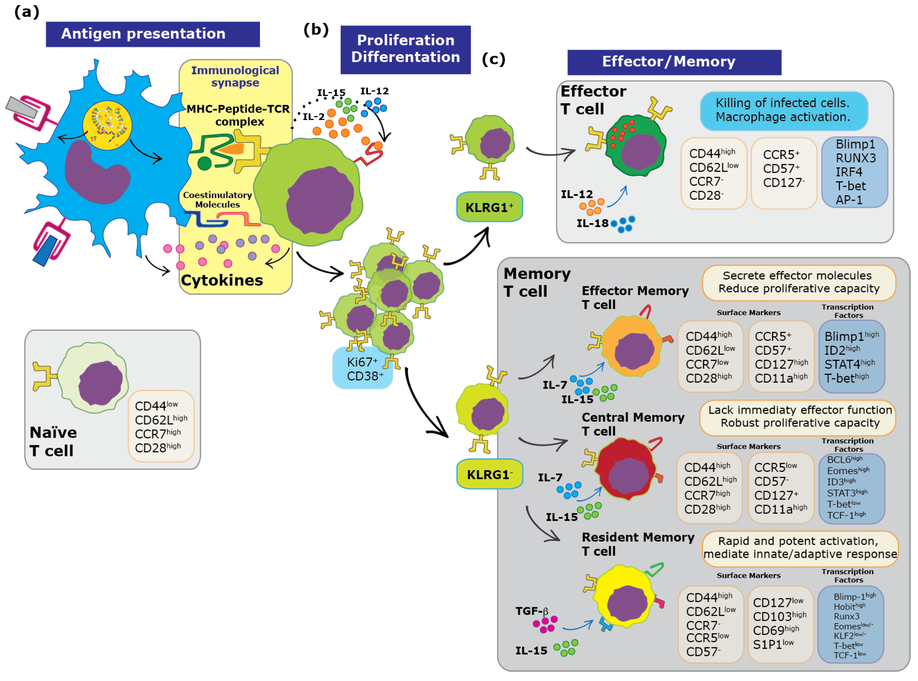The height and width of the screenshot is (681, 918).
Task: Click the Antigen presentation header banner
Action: tap(153, 34)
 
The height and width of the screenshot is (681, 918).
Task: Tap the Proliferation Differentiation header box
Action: tap(405, 49)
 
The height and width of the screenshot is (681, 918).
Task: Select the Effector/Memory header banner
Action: tap(674, 62)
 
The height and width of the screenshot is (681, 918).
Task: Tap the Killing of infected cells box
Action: tap(783, 110)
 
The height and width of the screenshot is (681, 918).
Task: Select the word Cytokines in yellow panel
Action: tap(222, 280)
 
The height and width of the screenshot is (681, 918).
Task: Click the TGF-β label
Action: tap(532, 611)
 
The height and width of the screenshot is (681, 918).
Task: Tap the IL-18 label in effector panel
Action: tap(592, 223)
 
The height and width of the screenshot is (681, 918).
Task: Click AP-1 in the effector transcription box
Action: tap(849, 200)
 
